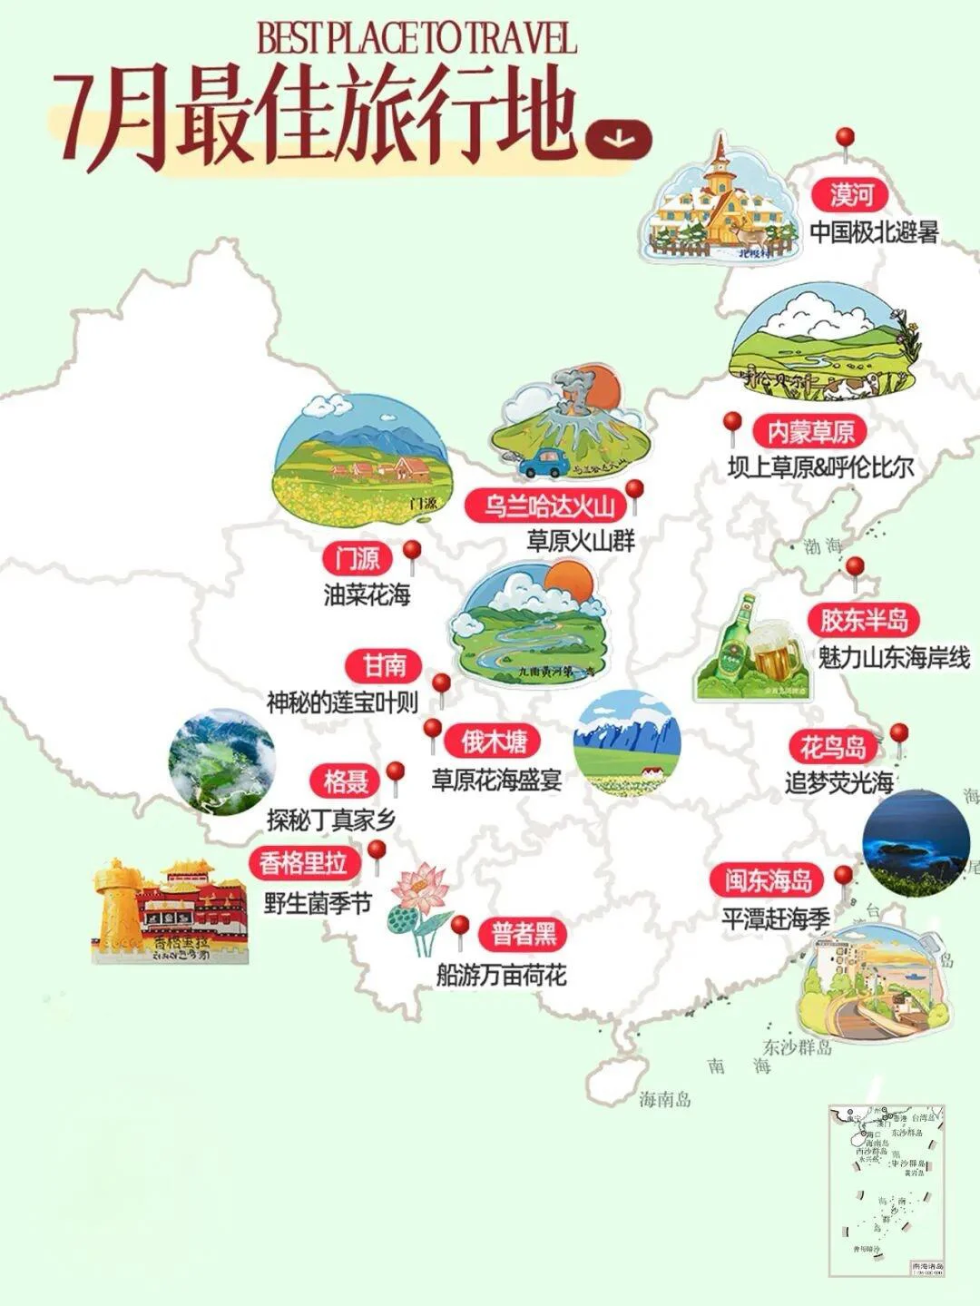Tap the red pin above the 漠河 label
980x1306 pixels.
845,140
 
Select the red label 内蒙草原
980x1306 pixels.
811,431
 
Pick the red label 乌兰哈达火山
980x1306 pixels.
549,506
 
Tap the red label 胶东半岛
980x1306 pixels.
864,620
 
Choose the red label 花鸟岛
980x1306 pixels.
833,747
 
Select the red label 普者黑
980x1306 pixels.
524,934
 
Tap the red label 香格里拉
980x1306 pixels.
303,862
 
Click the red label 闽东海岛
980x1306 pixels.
767,880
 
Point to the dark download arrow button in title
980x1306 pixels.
619,137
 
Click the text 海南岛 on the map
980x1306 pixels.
664,1100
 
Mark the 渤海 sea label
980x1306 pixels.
822,546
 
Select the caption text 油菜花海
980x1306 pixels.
367,594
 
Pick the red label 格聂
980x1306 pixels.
345,780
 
